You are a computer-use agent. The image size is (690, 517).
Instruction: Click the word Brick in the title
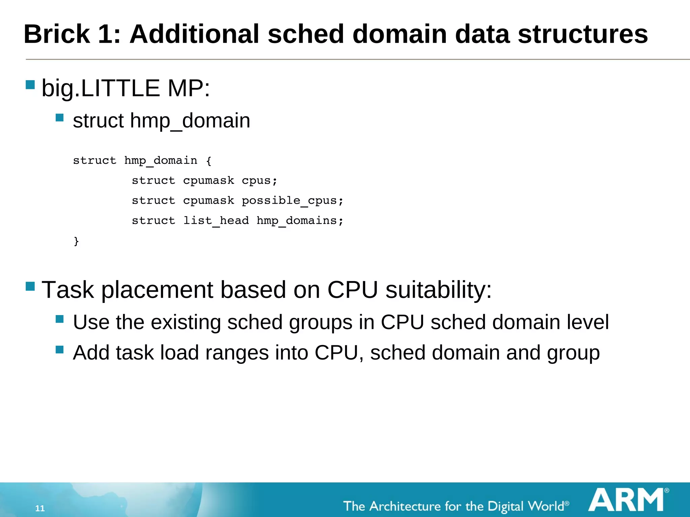point(57,34)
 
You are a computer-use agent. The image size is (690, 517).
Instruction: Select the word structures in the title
point(583,34)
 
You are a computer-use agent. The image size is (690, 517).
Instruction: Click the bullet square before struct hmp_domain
point(60,117)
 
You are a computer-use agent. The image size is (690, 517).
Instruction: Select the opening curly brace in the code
point(209,161)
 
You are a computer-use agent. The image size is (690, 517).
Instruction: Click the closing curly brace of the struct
point(76,241)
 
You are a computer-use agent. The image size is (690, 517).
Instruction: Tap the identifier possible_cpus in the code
point(290,201)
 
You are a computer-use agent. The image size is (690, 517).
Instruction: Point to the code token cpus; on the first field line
point(259,181)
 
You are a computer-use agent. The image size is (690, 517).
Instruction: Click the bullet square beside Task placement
point(30,286)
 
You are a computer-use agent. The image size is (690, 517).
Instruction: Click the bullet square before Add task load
point(60,350)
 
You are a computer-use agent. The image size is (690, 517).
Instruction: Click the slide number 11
point(40,508)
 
